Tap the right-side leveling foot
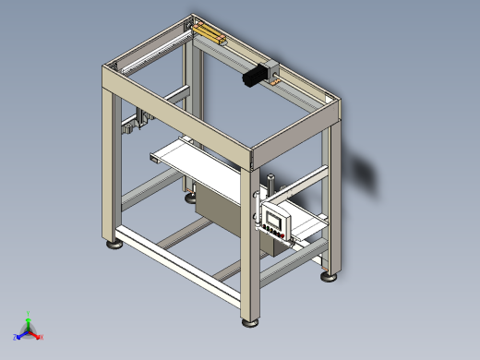pos(330,275)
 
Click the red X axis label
pos(42,337)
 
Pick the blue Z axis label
pos(16,337)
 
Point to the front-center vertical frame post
pos(248,240)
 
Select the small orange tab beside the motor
pos(275,81)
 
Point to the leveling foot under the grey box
pos(189,196)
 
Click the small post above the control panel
pos(270,184)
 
